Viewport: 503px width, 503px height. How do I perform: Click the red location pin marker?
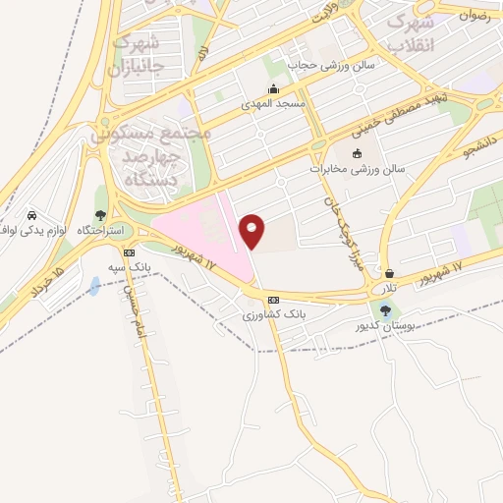pos(252,230)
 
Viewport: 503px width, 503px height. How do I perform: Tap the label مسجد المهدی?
pos(274,102)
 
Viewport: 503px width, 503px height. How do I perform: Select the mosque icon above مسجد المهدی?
pos(274,88)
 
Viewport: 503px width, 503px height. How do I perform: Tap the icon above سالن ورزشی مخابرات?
pos(356,153)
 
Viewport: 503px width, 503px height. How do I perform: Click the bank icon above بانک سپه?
pos(117,251)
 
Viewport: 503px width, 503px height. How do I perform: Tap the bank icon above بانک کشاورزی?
pos(273,300)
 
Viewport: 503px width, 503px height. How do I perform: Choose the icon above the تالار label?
pos(391,274)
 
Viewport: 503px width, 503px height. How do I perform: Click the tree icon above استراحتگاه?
pos(100,215)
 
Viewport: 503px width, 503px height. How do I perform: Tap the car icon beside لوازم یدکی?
pos(31,215)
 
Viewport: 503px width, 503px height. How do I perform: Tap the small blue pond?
pos(93,286)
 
